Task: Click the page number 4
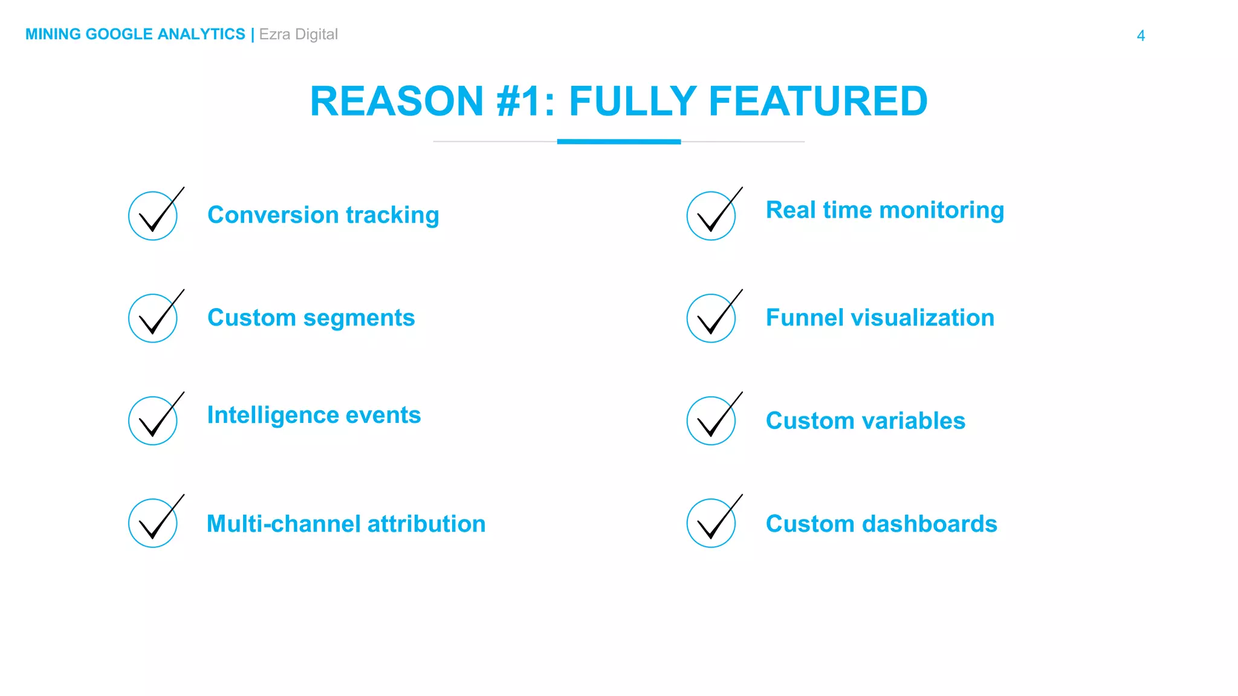[x=1141, y=36]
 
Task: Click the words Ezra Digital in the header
[x=298, y=34]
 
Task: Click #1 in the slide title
[x=519, y=101]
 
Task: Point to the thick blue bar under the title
[x=618, y=142]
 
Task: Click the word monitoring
[x=941, y=211]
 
